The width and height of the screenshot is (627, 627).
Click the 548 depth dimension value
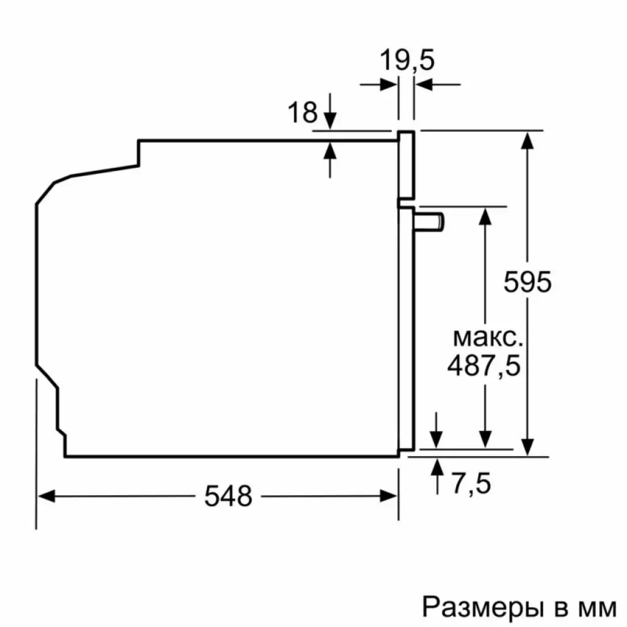click(228, 496)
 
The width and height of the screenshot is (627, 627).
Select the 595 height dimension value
click(528, 282)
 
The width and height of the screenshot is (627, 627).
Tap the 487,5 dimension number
click(483, 366)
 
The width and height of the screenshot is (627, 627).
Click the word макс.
click(488, 337)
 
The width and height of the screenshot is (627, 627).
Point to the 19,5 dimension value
click(407, 61)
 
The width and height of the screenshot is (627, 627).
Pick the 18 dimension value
click(302, 113)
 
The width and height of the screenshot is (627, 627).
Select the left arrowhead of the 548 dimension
click(47, 496)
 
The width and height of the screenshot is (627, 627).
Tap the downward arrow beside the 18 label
click(330, 120)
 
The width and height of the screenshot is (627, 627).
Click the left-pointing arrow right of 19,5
click(425, 84)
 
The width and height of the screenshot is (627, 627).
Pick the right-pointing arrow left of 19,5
click(389, 84)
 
